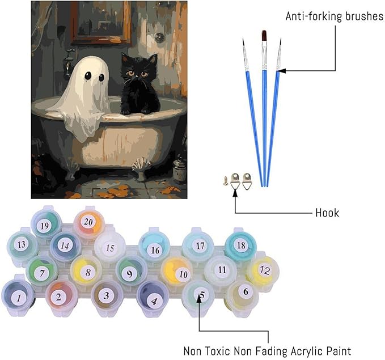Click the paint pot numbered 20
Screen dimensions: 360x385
click(87, 221)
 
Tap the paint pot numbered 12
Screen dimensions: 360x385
click(264, 270)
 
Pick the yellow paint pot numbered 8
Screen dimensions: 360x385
click(86, 272)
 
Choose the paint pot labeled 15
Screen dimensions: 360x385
click(110, 248)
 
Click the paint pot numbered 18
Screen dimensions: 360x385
click(241, 245)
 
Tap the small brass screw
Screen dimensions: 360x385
click(226, 180)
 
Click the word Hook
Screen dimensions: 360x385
click(327, 213)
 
